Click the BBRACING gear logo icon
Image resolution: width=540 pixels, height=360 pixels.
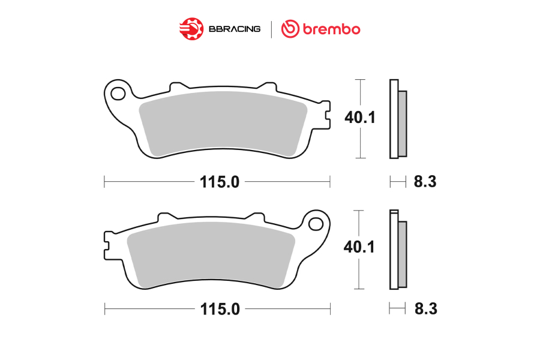(191, 29)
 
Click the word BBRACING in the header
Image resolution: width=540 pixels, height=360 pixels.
(235, 29)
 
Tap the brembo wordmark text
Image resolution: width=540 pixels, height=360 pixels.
(331, 29)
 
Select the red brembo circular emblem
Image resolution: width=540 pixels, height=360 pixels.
(290, 29)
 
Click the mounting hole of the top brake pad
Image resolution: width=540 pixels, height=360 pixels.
(118, 94)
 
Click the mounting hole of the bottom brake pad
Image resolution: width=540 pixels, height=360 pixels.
(316, 224)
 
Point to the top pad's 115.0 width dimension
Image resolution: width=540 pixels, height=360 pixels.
(220, 182)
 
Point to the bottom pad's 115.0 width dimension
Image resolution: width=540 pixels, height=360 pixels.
(220, 309)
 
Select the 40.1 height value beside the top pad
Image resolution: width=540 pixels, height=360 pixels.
(360, 118)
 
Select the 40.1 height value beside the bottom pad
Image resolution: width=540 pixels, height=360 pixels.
(359, 247)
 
